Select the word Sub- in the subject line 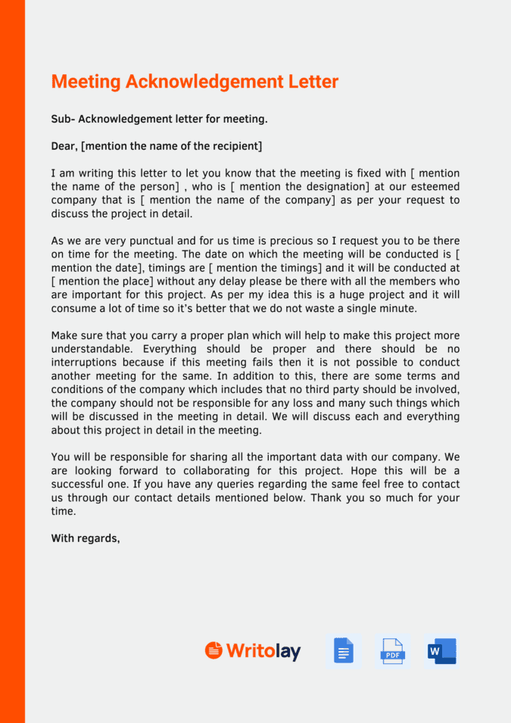(x=64, y=119)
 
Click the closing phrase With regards (x=86, y=539)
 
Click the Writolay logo (x=253, y=651)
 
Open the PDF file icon (x=392, y=651)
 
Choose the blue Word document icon (x=441, y=651)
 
